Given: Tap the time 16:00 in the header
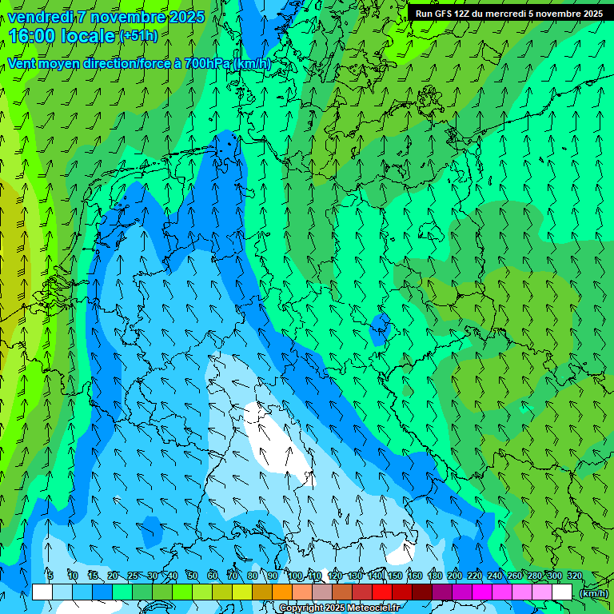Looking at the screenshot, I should [33, 36].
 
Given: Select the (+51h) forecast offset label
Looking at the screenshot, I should [138, 36].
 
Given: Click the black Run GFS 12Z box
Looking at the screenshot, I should [508, 13].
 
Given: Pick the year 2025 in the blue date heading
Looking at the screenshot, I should [185, 17].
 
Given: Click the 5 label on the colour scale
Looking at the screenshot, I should [50, 576].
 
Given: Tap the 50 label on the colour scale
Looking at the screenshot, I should [193, 576].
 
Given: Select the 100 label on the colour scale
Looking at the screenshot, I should [295, 576].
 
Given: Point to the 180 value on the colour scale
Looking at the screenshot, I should [434, 576].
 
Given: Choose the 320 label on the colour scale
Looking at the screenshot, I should [574, 576].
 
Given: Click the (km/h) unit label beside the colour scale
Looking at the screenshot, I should [592, 593].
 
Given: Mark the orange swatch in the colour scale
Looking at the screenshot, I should [282, 592].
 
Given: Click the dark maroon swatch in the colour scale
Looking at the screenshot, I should [422, 592].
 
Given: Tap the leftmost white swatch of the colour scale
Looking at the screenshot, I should [42, 592].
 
